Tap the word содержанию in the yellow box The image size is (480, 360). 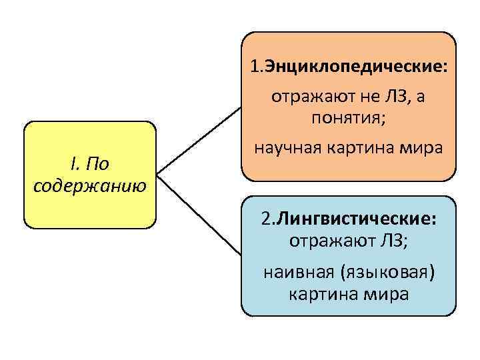click(90, 183)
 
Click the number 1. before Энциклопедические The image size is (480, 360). click(257, 67)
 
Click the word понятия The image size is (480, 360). click(349, 119)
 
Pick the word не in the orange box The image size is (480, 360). click(361, 97)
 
